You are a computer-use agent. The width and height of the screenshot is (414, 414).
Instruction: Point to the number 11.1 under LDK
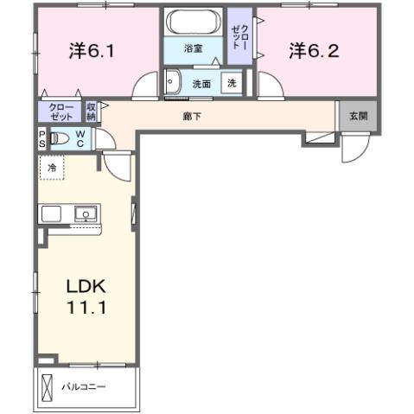[x=85, y=308]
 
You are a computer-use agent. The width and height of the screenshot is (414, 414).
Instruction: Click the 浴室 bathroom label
[x=193, y=50]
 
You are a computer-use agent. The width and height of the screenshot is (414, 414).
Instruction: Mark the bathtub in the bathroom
[x=194, y=22]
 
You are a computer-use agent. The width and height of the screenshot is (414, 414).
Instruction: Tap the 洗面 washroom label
[x=201, y=84]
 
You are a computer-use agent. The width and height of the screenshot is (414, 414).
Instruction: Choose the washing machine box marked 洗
[x=232, y=84]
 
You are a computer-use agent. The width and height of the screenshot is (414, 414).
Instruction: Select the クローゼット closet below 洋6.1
[x=61, y=111]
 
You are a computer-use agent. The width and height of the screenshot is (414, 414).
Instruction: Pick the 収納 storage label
[x=92, y=111]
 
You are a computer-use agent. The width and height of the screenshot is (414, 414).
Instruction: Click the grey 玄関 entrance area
[x=357, y=116]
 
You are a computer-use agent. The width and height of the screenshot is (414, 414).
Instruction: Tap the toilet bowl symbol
[x=59, y=138]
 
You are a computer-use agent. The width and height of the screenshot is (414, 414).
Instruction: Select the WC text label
[x=79, y=138]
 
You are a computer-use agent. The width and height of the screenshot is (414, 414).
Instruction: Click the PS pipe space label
[x=41, y=138]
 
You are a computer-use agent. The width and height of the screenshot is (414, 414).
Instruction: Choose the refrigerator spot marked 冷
[x=52, y=167]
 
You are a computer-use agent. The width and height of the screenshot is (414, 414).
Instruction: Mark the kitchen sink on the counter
[x=86, y=213]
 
